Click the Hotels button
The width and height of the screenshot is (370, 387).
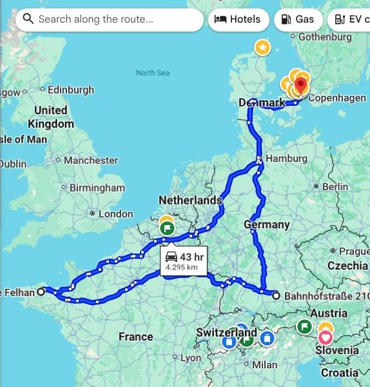(237, 19)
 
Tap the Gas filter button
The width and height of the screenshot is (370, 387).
(298, 19)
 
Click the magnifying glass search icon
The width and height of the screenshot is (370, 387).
(28, 19)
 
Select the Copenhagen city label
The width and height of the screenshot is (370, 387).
(337, 98)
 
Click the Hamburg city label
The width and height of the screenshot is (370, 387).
(286, 159)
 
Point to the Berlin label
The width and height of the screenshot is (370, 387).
(335, 186)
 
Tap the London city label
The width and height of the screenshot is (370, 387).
(115, 214)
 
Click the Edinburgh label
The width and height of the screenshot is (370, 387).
(70, 90)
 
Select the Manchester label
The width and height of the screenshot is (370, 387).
(91, 160)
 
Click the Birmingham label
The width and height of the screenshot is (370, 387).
(97, 188)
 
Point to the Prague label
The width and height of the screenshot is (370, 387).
(354, 251)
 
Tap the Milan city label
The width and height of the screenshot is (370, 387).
(264, 364)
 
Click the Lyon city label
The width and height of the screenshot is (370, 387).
(190, 358)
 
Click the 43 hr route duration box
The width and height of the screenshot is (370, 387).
(184, 261)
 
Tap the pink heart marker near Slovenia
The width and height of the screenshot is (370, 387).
(326, 337)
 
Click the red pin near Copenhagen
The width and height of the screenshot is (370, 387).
(301, 84)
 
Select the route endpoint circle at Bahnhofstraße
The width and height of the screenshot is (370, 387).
(276, 296)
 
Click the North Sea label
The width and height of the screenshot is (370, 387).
(152, 73)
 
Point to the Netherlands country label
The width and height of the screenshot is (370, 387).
(190, 201)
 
